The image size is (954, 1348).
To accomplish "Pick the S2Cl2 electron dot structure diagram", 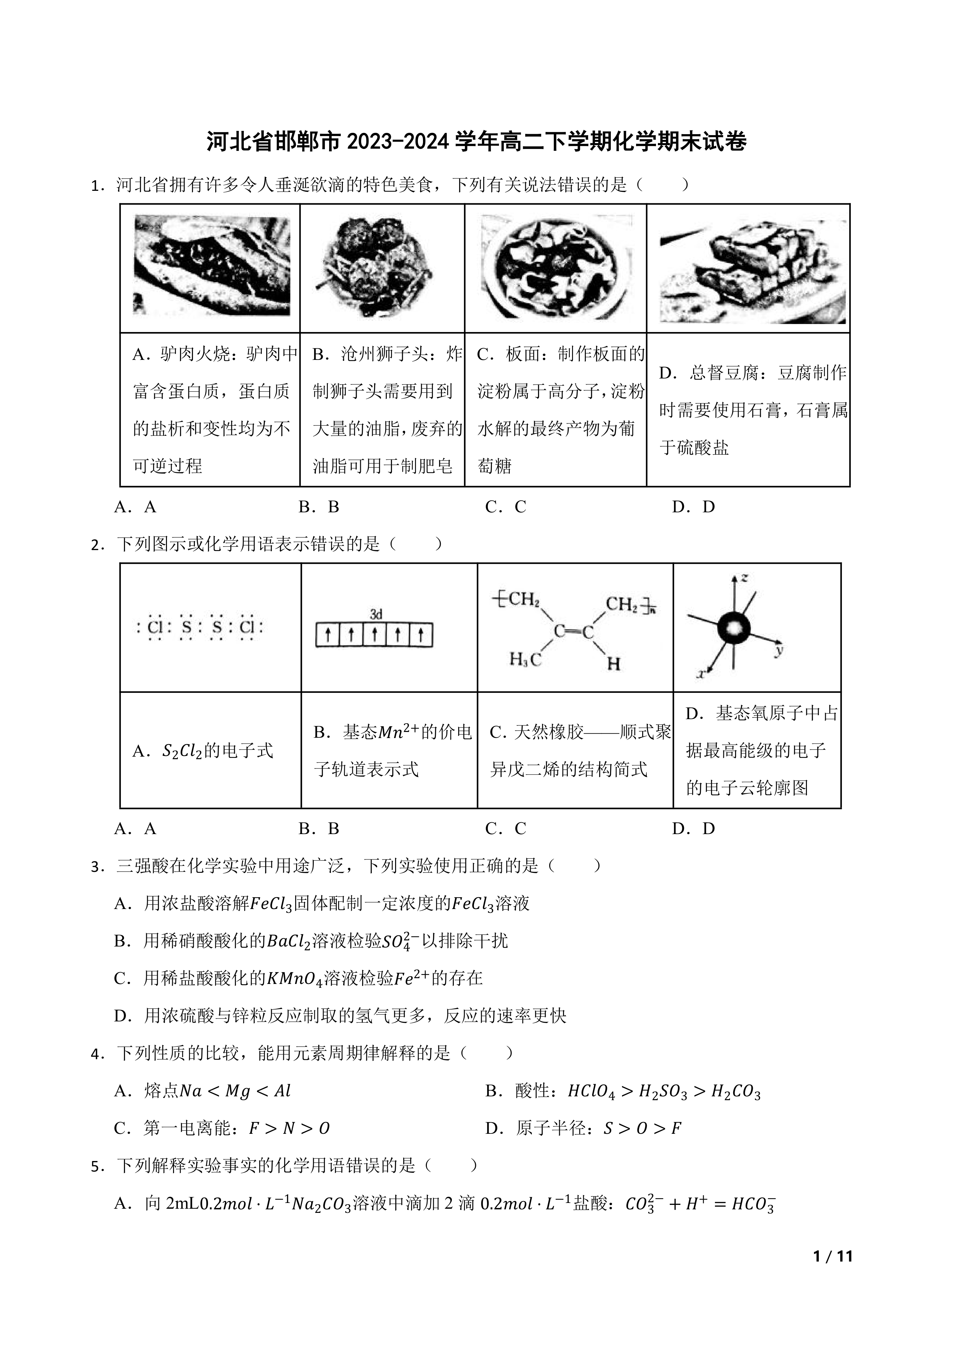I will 200,627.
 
